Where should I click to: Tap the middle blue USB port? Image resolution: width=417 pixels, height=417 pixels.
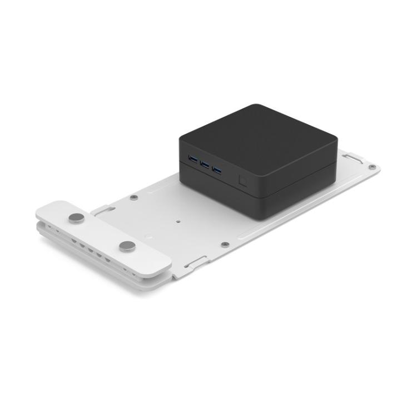[205, 165]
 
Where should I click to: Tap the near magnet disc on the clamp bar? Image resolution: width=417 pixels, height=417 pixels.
[127, 246]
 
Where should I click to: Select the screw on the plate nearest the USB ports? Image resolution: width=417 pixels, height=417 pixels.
[133, 197]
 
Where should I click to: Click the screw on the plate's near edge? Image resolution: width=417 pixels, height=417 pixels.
[224, 244]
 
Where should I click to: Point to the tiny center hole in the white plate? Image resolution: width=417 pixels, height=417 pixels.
[177, 220]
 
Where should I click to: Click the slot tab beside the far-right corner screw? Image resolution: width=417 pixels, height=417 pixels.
[352, 158]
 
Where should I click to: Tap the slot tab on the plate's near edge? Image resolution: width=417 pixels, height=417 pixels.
[197, 262]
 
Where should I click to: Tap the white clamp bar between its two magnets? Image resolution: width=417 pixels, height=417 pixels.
[103, 231]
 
